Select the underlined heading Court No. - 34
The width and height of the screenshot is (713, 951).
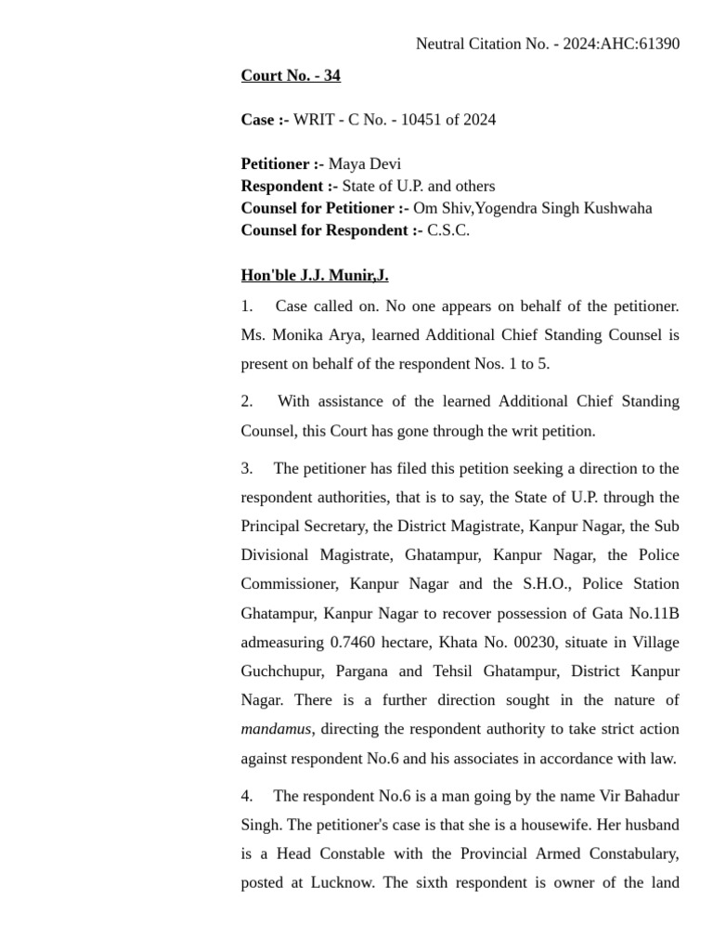click(x=291, y=76)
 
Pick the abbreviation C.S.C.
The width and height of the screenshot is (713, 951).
click(x=448, y=230)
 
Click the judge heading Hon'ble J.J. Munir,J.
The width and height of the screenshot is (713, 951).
click(x=315, y=276)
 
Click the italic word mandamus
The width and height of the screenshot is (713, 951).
click(x=276, y=729)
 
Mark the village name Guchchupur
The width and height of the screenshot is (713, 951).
click(x=279, y=671)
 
